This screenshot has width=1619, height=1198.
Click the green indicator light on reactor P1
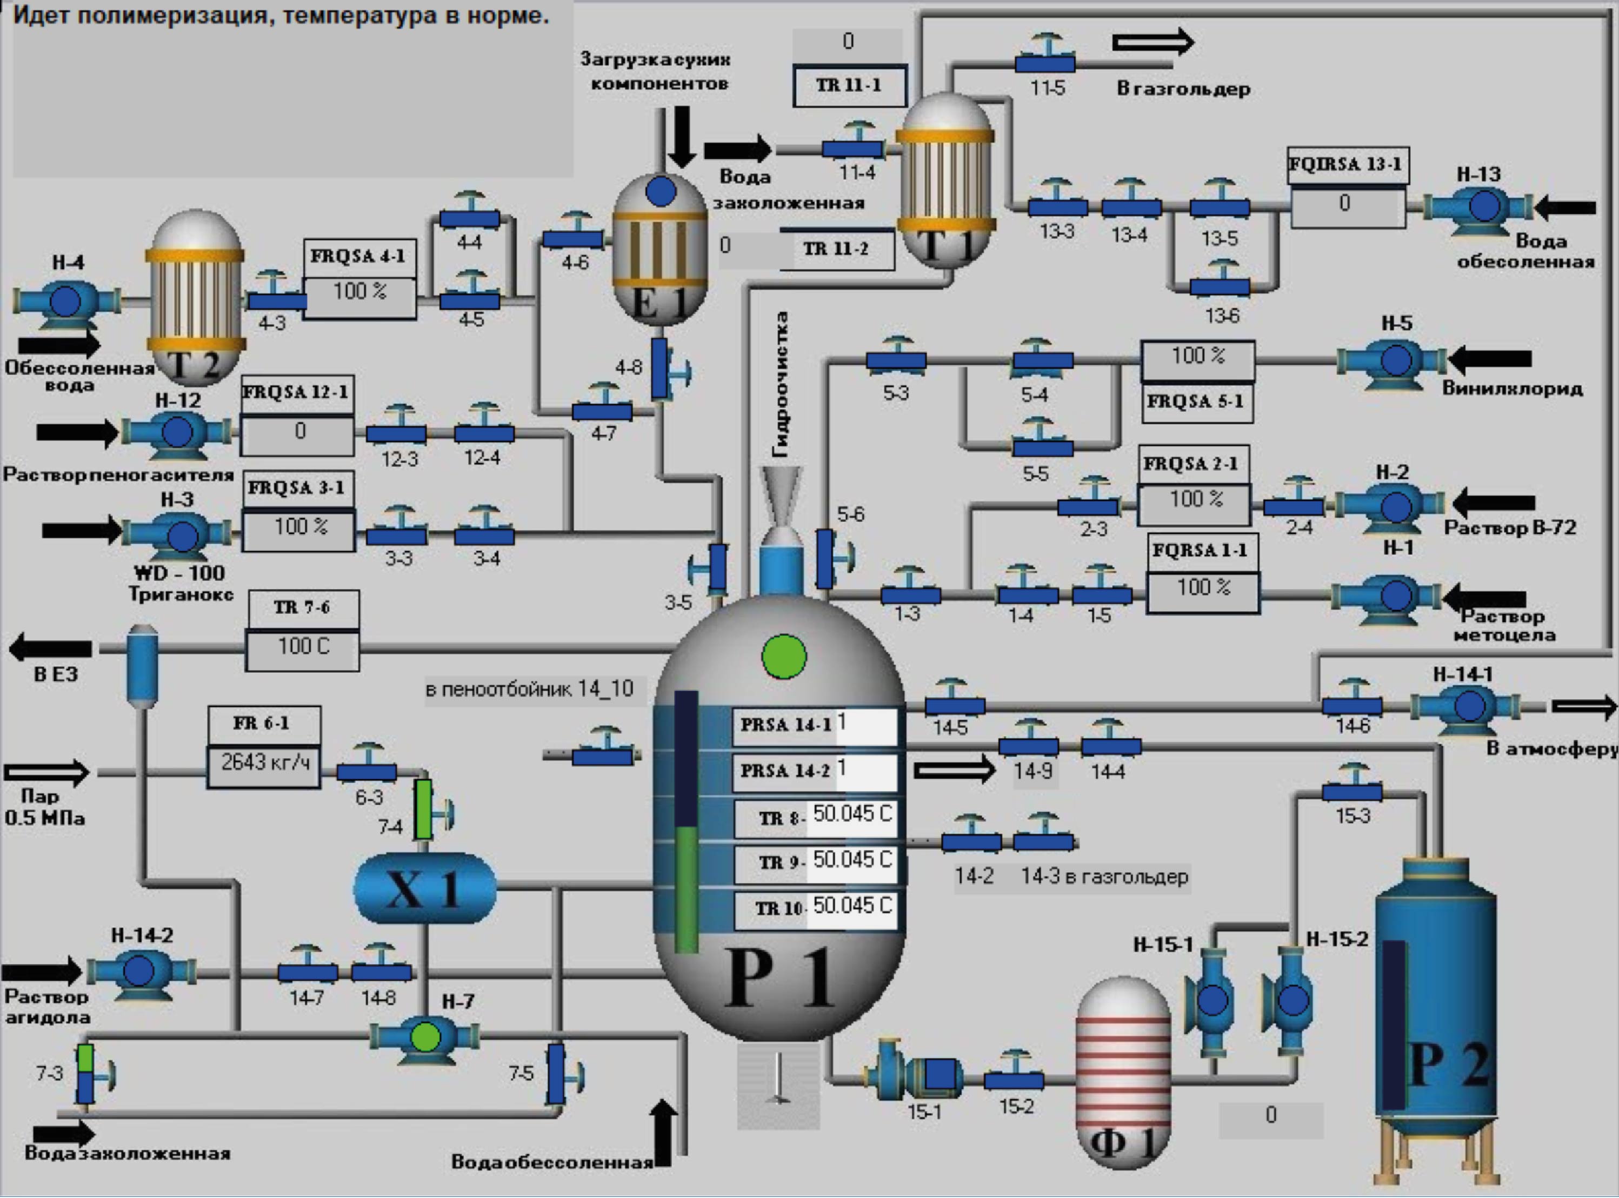(783, 657)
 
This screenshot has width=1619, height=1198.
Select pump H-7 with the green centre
(425, 1037)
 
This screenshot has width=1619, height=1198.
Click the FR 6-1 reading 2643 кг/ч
(264, 764)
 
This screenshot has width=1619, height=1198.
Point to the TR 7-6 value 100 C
(303, 647)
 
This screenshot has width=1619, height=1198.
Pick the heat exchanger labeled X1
(424, 888)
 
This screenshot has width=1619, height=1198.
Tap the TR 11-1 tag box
(849, 85)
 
